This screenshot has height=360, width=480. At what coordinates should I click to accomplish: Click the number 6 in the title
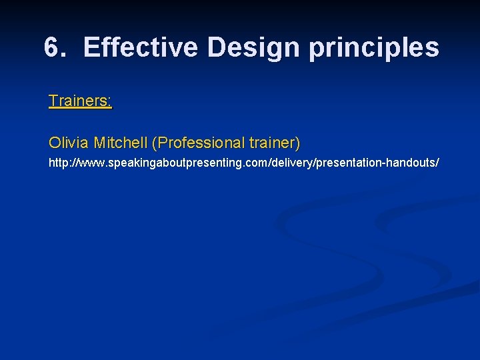coord(52,48)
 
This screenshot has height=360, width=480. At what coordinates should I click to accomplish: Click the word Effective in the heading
coord(141,48)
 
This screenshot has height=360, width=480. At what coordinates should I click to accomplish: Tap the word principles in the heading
coord(373,48)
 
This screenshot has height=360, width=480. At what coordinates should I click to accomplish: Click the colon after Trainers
coord(111,101)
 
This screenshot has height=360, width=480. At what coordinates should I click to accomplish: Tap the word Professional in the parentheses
coord(201,143)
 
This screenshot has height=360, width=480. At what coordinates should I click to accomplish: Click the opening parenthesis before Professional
coord(155,143)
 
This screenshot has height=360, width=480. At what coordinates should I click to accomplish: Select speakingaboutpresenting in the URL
coord(161,163)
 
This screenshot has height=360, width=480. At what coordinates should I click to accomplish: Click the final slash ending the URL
coord(437,163)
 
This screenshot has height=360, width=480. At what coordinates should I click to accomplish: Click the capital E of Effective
coord(91,48)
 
